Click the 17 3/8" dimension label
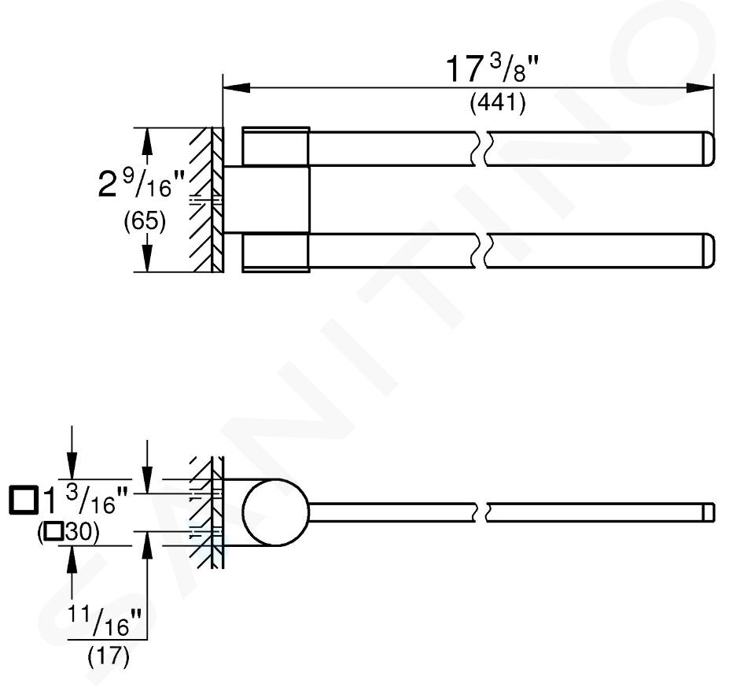(491, 68)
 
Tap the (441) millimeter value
(498, 102)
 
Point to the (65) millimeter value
(145, 222)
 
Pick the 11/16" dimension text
(104, 622)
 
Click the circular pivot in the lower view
(275, 512)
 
